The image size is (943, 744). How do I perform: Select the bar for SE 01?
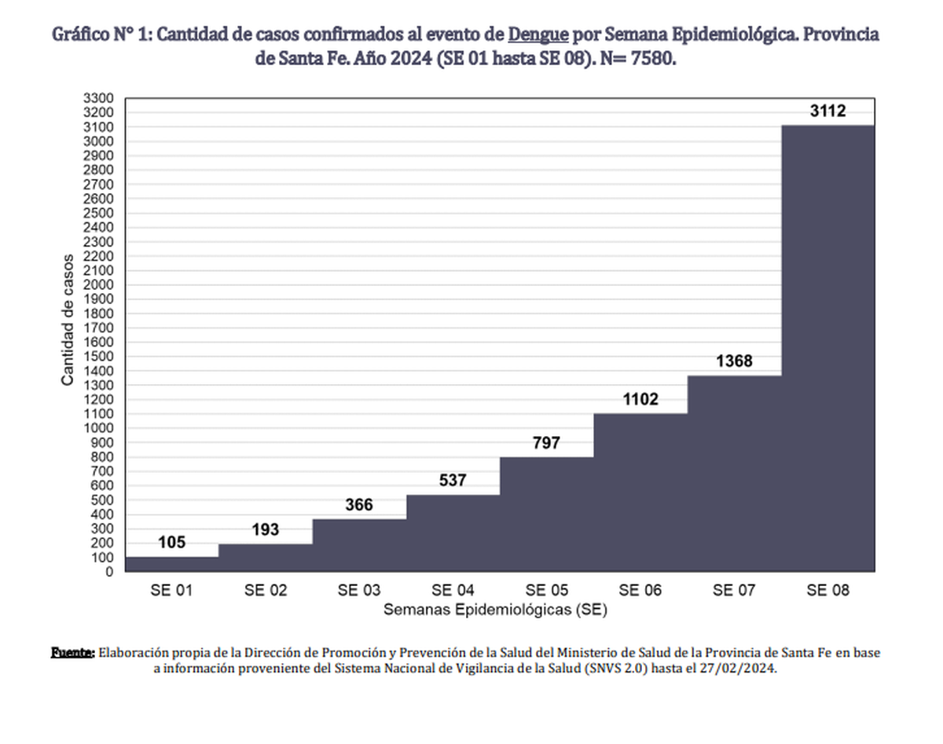coord(172,564)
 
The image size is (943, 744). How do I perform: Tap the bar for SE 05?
coord(546,514)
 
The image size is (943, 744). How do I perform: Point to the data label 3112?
coord(827,112)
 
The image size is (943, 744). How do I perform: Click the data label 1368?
coord(734,362)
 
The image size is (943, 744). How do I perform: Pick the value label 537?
coord(453,481)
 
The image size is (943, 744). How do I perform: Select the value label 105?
coord(172,542)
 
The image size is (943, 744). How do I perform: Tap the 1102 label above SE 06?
coord(640,400)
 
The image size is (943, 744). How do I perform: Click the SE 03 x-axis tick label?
coord(359,591)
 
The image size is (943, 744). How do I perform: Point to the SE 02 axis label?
coord(266,591)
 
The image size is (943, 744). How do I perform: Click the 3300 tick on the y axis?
coord(99,98)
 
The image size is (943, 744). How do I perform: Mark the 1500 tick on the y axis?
coord(99,357)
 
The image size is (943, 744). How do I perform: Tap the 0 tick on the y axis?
coord(110,572)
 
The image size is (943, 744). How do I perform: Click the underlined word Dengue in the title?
coord(538,36)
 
